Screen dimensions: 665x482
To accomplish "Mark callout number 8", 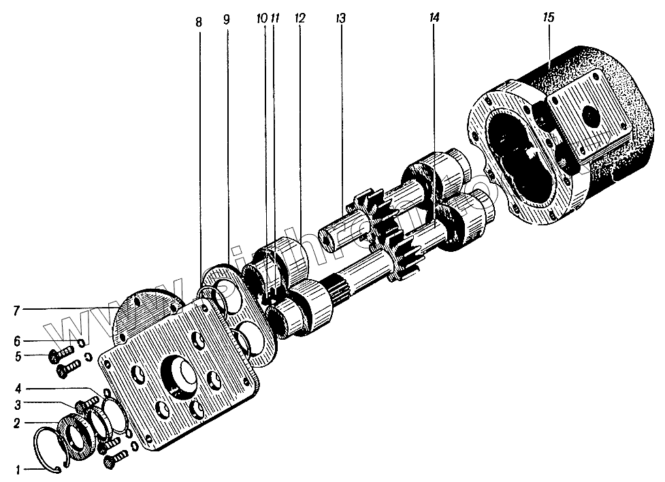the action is click(x=199, y=22).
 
